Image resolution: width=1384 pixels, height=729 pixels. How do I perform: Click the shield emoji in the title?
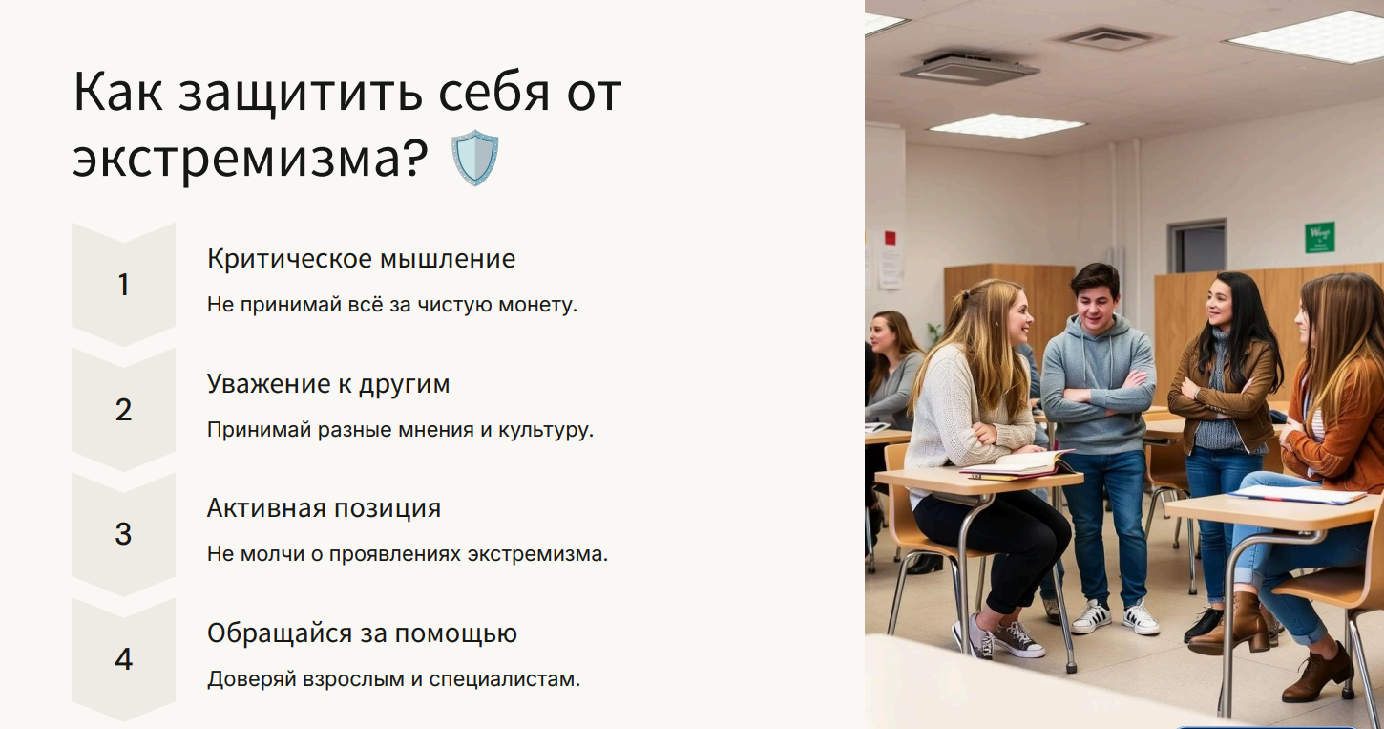tap(474, 158)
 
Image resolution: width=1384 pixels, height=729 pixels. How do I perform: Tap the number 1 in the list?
tap(123, 285)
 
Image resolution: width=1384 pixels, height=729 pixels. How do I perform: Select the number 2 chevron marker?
tap(123, 410)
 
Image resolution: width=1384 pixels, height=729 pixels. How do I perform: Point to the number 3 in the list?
tap(123, 534)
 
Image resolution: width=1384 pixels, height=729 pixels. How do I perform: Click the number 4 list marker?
tap(123, 659)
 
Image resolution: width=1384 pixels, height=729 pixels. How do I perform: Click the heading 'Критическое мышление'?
tap(361, 259)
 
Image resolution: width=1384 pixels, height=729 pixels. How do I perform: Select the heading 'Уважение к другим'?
tap(328, 384)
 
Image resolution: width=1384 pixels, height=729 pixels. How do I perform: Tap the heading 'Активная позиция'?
tap(324, 508)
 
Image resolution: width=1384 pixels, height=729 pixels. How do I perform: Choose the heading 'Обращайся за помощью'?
tap(362, 633)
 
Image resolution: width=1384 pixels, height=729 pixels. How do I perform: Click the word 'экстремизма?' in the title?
tap(250, 158)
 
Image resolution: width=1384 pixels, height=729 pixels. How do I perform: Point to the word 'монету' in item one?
tap(537, 305)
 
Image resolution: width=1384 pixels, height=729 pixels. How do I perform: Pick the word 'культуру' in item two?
tap(546, 430)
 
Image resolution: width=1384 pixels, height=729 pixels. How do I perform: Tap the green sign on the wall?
tap(1320, 238)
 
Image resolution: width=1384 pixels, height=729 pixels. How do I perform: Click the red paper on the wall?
tap(891, 238)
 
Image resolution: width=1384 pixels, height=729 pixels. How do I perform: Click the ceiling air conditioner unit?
tap(969, 67)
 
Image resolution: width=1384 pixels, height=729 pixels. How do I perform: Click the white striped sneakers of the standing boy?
tap(1115, 616)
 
